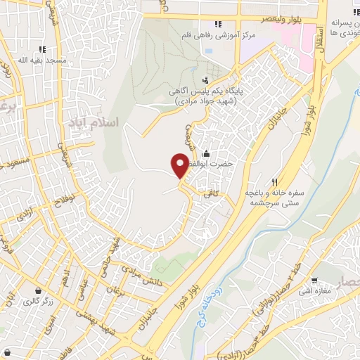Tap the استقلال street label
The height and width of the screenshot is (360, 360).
pyautogui.click(x=319, y=37)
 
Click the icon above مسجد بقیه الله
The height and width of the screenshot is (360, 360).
pyautogui.click(x=43, y=49)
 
